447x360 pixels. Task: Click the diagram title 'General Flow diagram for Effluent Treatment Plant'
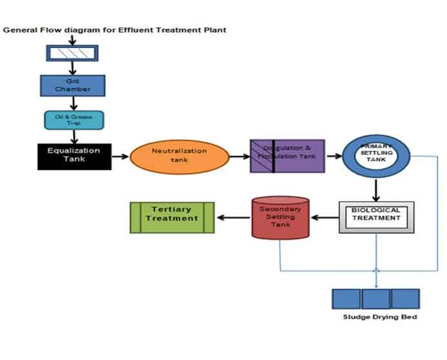tap(115, 30)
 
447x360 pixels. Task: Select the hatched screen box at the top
tap(72, 53)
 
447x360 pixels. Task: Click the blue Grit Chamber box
tap(72, 85)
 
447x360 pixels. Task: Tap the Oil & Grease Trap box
tap(74, 120)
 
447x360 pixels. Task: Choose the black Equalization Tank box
tap(74, 156)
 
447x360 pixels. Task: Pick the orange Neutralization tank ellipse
tap(180, 157)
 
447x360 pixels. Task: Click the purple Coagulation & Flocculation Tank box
tap(287, 156)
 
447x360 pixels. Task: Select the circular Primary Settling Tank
tap(375, 156)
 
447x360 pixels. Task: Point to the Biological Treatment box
tap(376, 217)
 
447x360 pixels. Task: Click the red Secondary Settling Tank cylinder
tap(280, 217)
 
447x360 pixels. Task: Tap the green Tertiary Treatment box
tap(172, 217)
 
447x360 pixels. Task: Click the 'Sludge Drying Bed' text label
tap(380, 317)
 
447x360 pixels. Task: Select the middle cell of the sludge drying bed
tap(376, 299)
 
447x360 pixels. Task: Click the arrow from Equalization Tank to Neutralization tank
tap(120, 156)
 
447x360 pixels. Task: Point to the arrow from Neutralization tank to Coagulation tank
tap(240, 156)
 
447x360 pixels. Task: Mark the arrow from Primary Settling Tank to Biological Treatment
tap(375, 190)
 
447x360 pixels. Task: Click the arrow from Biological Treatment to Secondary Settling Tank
tap(324, 217)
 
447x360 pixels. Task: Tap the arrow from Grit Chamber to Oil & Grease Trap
tap(73, 103)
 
